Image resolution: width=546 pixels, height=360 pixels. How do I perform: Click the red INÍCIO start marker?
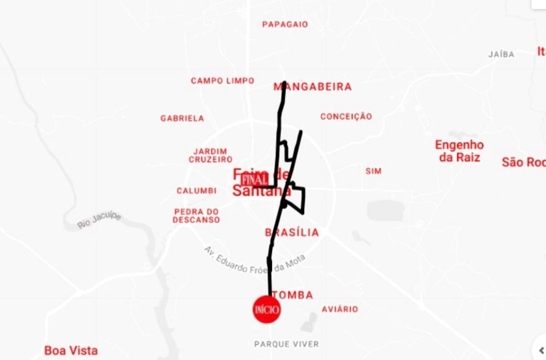tap(267, 309)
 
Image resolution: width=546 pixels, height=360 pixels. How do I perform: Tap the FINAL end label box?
tap(255, 180)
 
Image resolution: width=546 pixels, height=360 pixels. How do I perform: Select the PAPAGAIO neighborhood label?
tap(285, 24)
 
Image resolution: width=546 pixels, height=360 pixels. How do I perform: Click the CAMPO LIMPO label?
tap(222, 81)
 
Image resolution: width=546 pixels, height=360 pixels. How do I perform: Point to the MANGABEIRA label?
tap(313, 87)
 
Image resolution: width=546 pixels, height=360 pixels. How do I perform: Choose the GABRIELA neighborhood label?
tap(182, 119)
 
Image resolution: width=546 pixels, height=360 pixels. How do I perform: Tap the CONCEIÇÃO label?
tap(346, 117)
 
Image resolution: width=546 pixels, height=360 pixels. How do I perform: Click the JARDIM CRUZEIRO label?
tap(211, 156)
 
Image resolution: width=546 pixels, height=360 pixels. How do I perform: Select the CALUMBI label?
tap(197, 191)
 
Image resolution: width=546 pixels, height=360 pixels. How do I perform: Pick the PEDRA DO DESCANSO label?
tap(196, 216)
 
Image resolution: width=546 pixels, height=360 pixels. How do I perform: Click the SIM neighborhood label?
tap(373, 172)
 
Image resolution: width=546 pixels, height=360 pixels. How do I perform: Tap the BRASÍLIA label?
tap(292, 232)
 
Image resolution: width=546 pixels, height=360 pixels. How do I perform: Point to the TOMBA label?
tap(293, 295)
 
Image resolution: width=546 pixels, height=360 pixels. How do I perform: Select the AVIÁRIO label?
tap(340, 309)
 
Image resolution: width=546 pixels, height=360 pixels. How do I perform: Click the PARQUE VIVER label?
tap(287, 344)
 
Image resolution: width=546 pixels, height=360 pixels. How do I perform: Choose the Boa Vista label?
tap(71, 350)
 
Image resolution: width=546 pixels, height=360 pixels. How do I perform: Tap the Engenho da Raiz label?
tap(459, 151)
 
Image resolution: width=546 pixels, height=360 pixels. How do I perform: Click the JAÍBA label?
tap(501, 54)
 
